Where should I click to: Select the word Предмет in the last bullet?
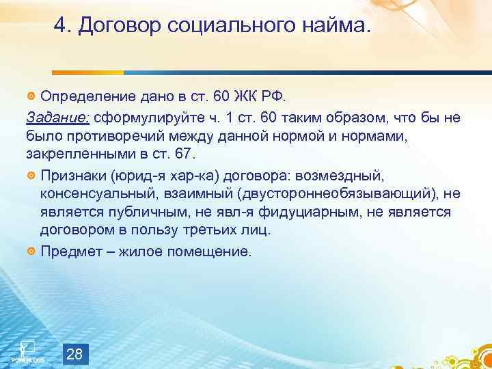point(67,251)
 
